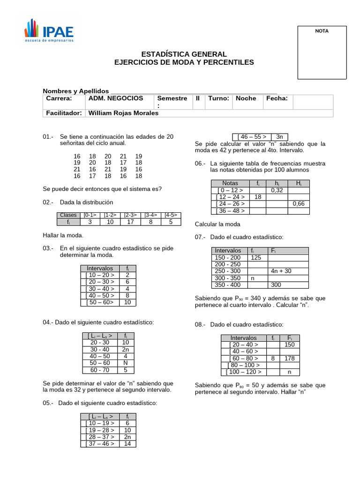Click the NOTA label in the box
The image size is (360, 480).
(x=322, y=31)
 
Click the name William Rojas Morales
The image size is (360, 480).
(x=123, y=113)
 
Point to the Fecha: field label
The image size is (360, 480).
(x=277, y=98)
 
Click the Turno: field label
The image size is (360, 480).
(x=218, y=98)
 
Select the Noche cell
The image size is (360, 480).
(x=246, y=98)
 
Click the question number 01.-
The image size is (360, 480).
(x=48, y=136)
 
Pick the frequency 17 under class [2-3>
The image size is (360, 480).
(x=130, y=222)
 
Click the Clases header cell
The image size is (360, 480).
(x=69, y=215)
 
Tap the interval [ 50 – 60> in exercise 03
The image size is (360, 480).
(x=100, y=302)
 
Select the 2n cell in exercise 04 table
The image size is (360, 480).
(x=126, y=349)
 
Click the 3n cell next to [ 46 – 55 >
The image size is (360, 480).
(x=282, y=136)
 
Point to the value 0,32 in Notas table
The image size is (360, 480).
(x=276, y=190)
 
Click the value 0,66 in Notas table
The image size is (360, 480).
(x=298, y=204)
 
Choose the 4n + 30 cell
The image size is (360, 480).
(x=281, y=271)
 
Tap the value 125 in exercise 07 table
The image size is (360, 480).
(x=256, y=257)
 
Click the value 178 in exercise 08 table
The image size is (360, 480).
(x=289, y=358)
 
